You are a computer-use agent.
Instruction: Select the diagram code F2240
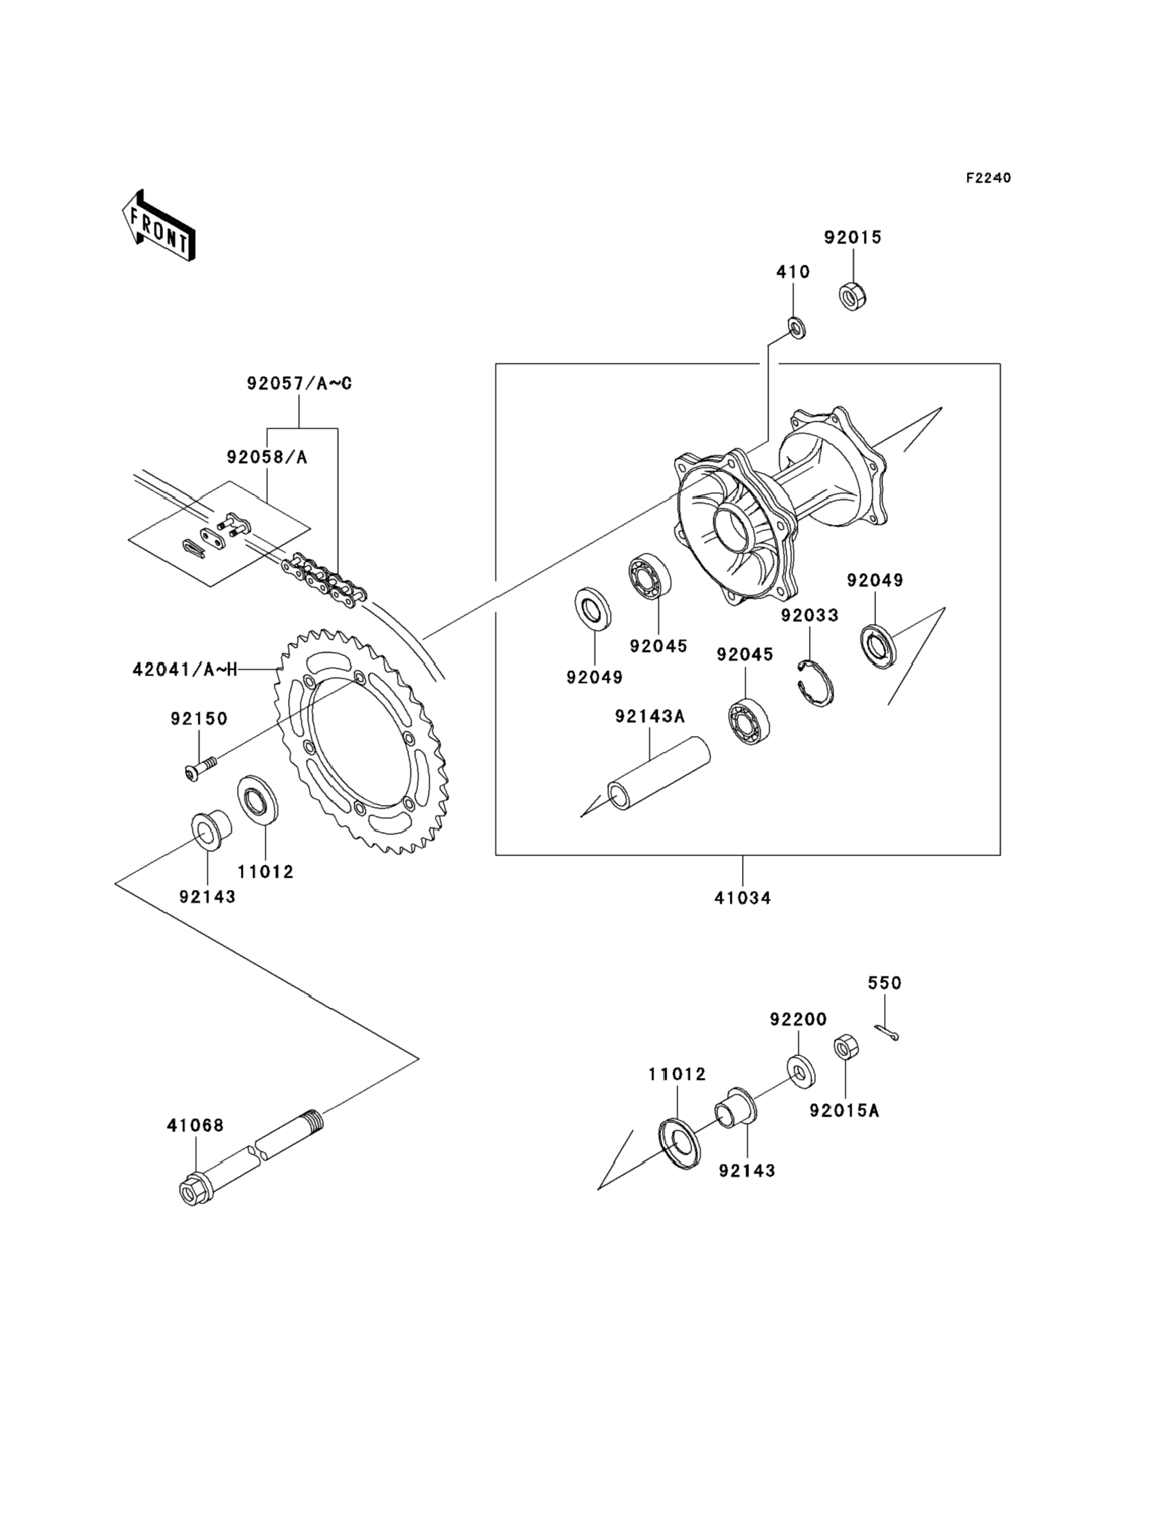[988, 178]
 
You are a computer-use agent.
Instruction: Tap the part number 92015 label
[852, 237]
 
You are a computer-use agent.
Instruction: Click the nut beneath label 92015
[853, 296]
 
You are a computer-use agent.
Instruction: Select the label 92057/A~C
[299, 383]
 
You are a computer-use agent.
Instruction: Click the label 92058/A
[267, 457]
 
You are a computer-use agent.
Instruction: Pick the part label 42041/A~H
[185, 668]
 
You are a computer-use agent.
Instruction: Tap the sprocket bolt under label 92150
[200, 768]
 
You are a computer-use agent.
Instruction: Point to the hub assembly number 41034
[742, 898]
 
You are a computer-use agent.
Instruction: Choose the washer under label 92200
[800, 1070]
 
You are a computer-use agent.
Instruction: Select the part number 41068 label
[195, 1126]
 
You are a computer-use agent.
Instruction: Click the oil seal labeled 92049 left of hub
[593, 609]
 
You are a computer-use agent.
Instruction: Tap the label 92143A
[649, 716]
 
